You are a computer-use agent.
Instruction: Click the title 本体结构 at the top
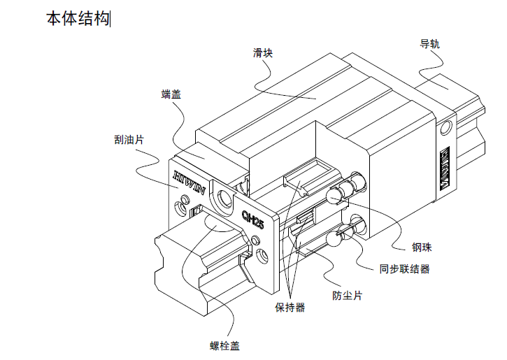[78, 20]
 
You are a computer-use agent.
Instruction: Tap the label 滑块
[262, 52]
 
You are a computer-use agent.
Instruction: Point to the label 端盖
[171, 94]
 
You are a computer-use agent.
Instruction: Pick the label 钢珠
[420, 247]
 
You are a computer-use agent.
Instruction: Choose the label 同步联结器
[404, 268]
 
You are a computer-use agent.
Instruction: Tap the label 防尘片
[347, 295]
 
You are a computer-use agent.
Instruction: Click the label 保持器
[290, 308]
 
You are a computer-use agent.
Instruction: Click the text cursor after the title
[111, 20]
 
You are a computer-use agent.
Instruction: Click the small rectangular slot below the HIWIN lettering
[197, 210]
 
